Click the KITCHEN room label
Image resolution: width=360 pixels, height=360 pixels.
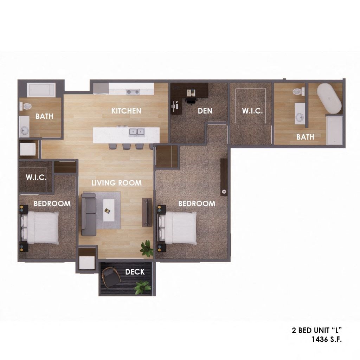pyautogui.click(x=126, y=111)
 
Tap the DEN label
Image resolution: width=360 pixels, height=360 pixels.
pyautogui.click(x=205, y=111)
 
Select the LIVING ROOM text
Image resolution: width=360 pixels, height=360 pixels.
pyautogui.click(x=116, y=183)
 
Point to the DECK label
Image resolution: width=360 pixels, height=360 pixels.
pyautogui.click(x=135, y=272)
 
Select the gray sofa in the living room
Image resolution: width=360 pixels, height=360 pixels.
pyautogui.click(x=88, y=214)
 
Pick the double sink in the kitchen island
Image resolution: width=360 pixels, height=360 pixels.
pyautogui.click(x=137, y=132)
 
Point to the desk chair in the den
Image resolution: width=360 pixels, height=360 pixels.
pyautogui.click(x=190, y=100)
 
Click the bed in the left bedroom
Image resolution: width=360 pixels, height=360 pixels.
pyautogui.click(x=41, y=227)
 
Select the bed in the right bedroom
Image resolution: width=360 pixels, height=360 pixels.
pyautogui.click(x=179, y=227)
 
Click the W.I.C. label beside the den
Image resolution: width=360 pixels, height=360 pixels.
pyautogui.click(x=252, y=111)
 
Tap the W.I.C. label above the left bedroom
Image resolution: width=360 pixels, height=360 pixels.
pyautogui.click(x=36, y=177)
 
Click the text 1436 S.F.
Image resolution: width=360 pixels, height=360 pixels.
pyautogui.click(x=327, y=339)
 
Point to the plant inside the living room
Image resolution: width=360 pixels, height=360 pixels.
pyautogui.click(x=146, y=248)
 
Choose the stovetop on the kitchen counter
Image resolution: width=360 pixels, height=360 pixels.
pyautogui.click(x=133, y=92)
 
